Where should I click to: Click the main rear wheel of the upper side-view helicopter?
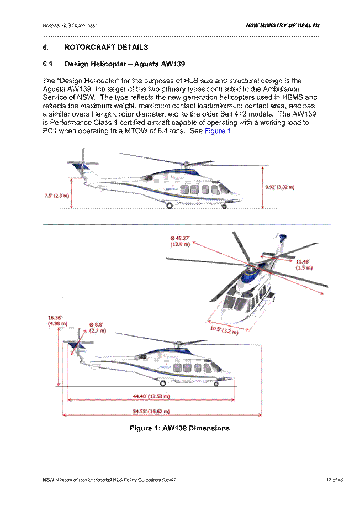pyautogui.click(x=170, y=206)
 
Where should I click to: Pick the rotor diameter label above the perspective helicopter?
pyautogui.click(x=180, y=240)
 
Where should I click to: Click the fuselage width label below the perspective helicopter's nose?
pyautogui.click(x=223, y=332)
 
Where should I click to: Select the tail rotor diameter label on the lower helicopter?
pyautogui.click(x=96, y=328)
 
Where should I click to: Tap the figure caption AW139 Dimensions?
pyautogui.click(x=179, y=428)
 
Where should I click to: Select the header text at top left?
pyautogui.click(x=68, y=25)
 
